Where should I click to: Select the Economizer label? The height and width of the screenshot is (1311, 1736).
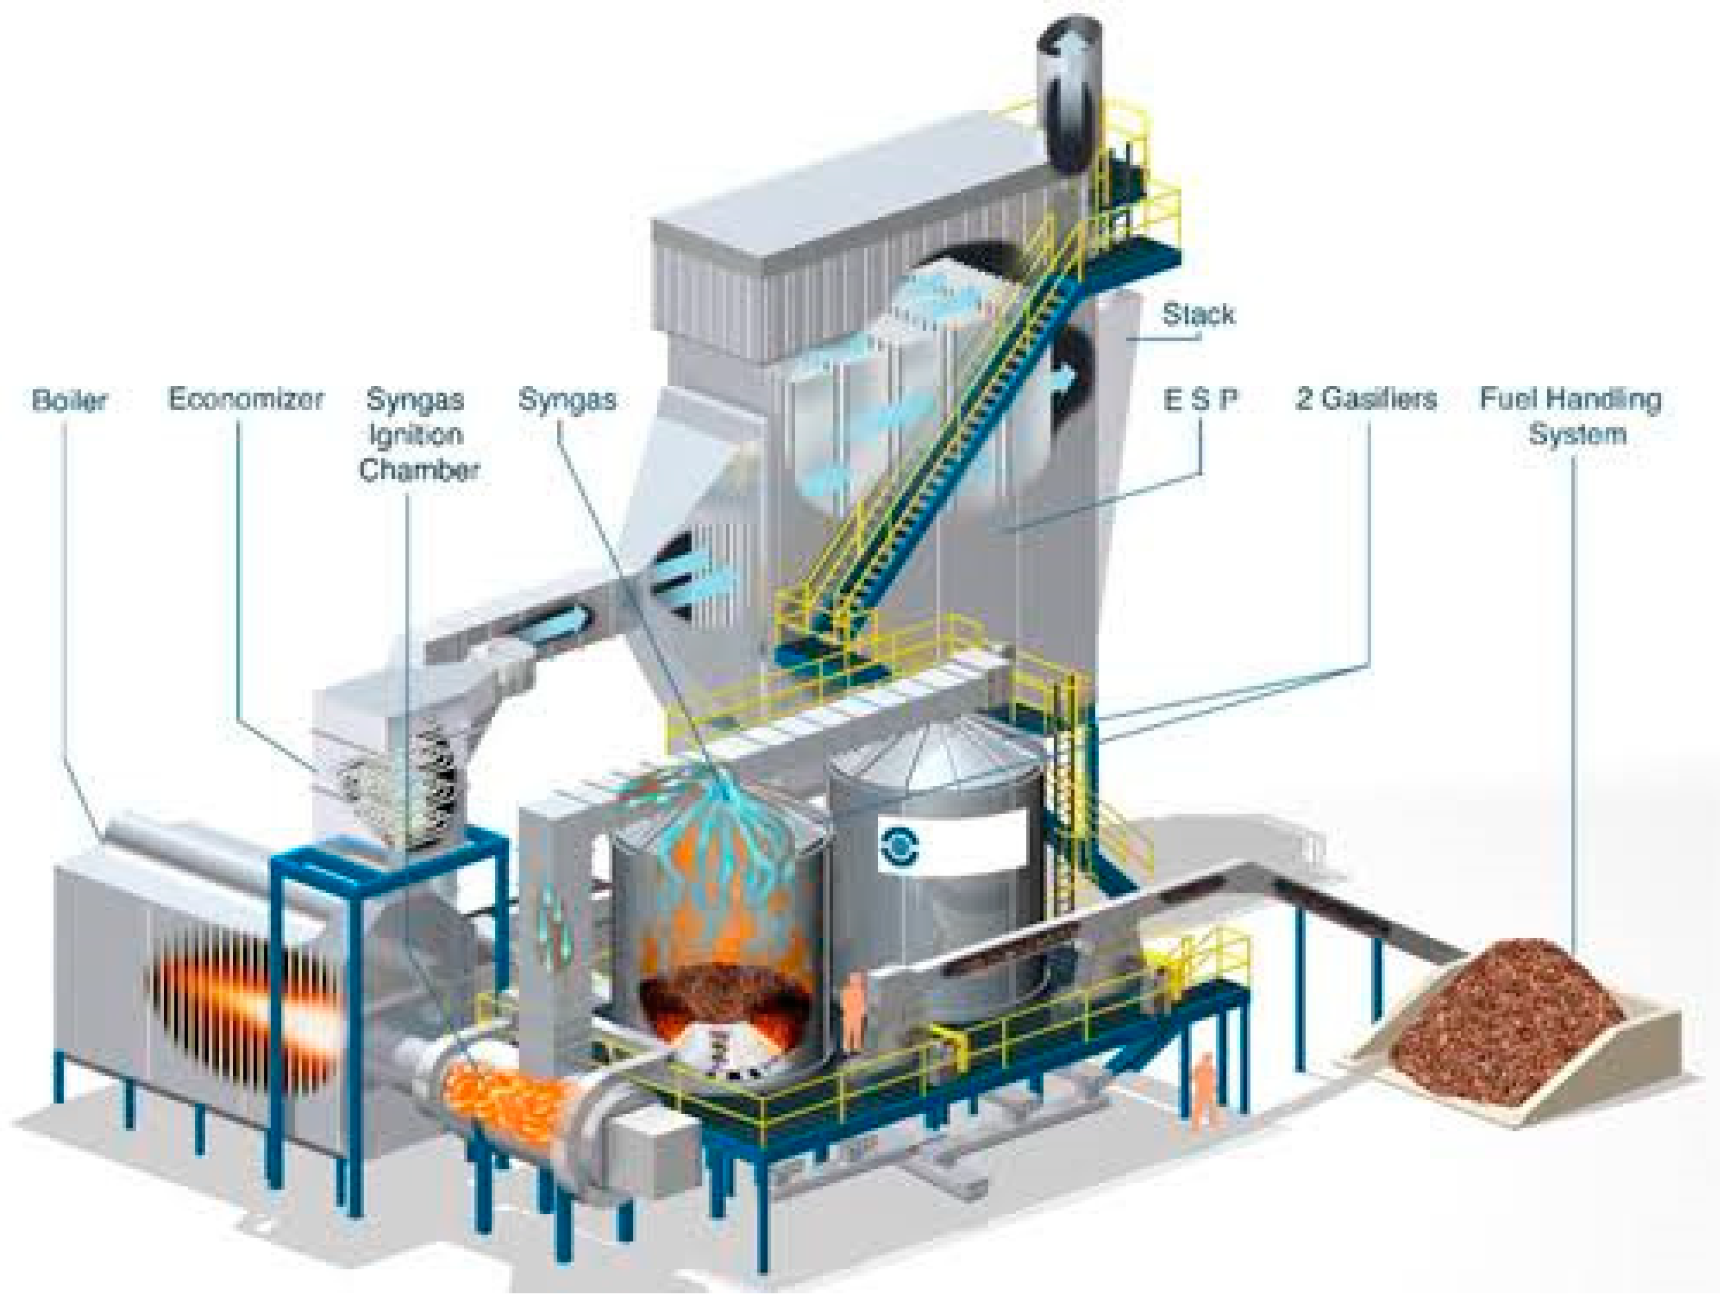(x=246, y=399)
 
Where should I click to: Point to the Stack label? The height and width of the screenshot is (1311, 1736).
(x=1197, y=314)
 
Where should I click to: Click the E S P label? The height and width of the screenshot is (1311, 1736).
(x=1200, y=400)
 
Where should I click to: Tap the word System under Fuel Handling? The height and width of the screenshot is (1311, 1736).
(x=1578, y=434)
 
